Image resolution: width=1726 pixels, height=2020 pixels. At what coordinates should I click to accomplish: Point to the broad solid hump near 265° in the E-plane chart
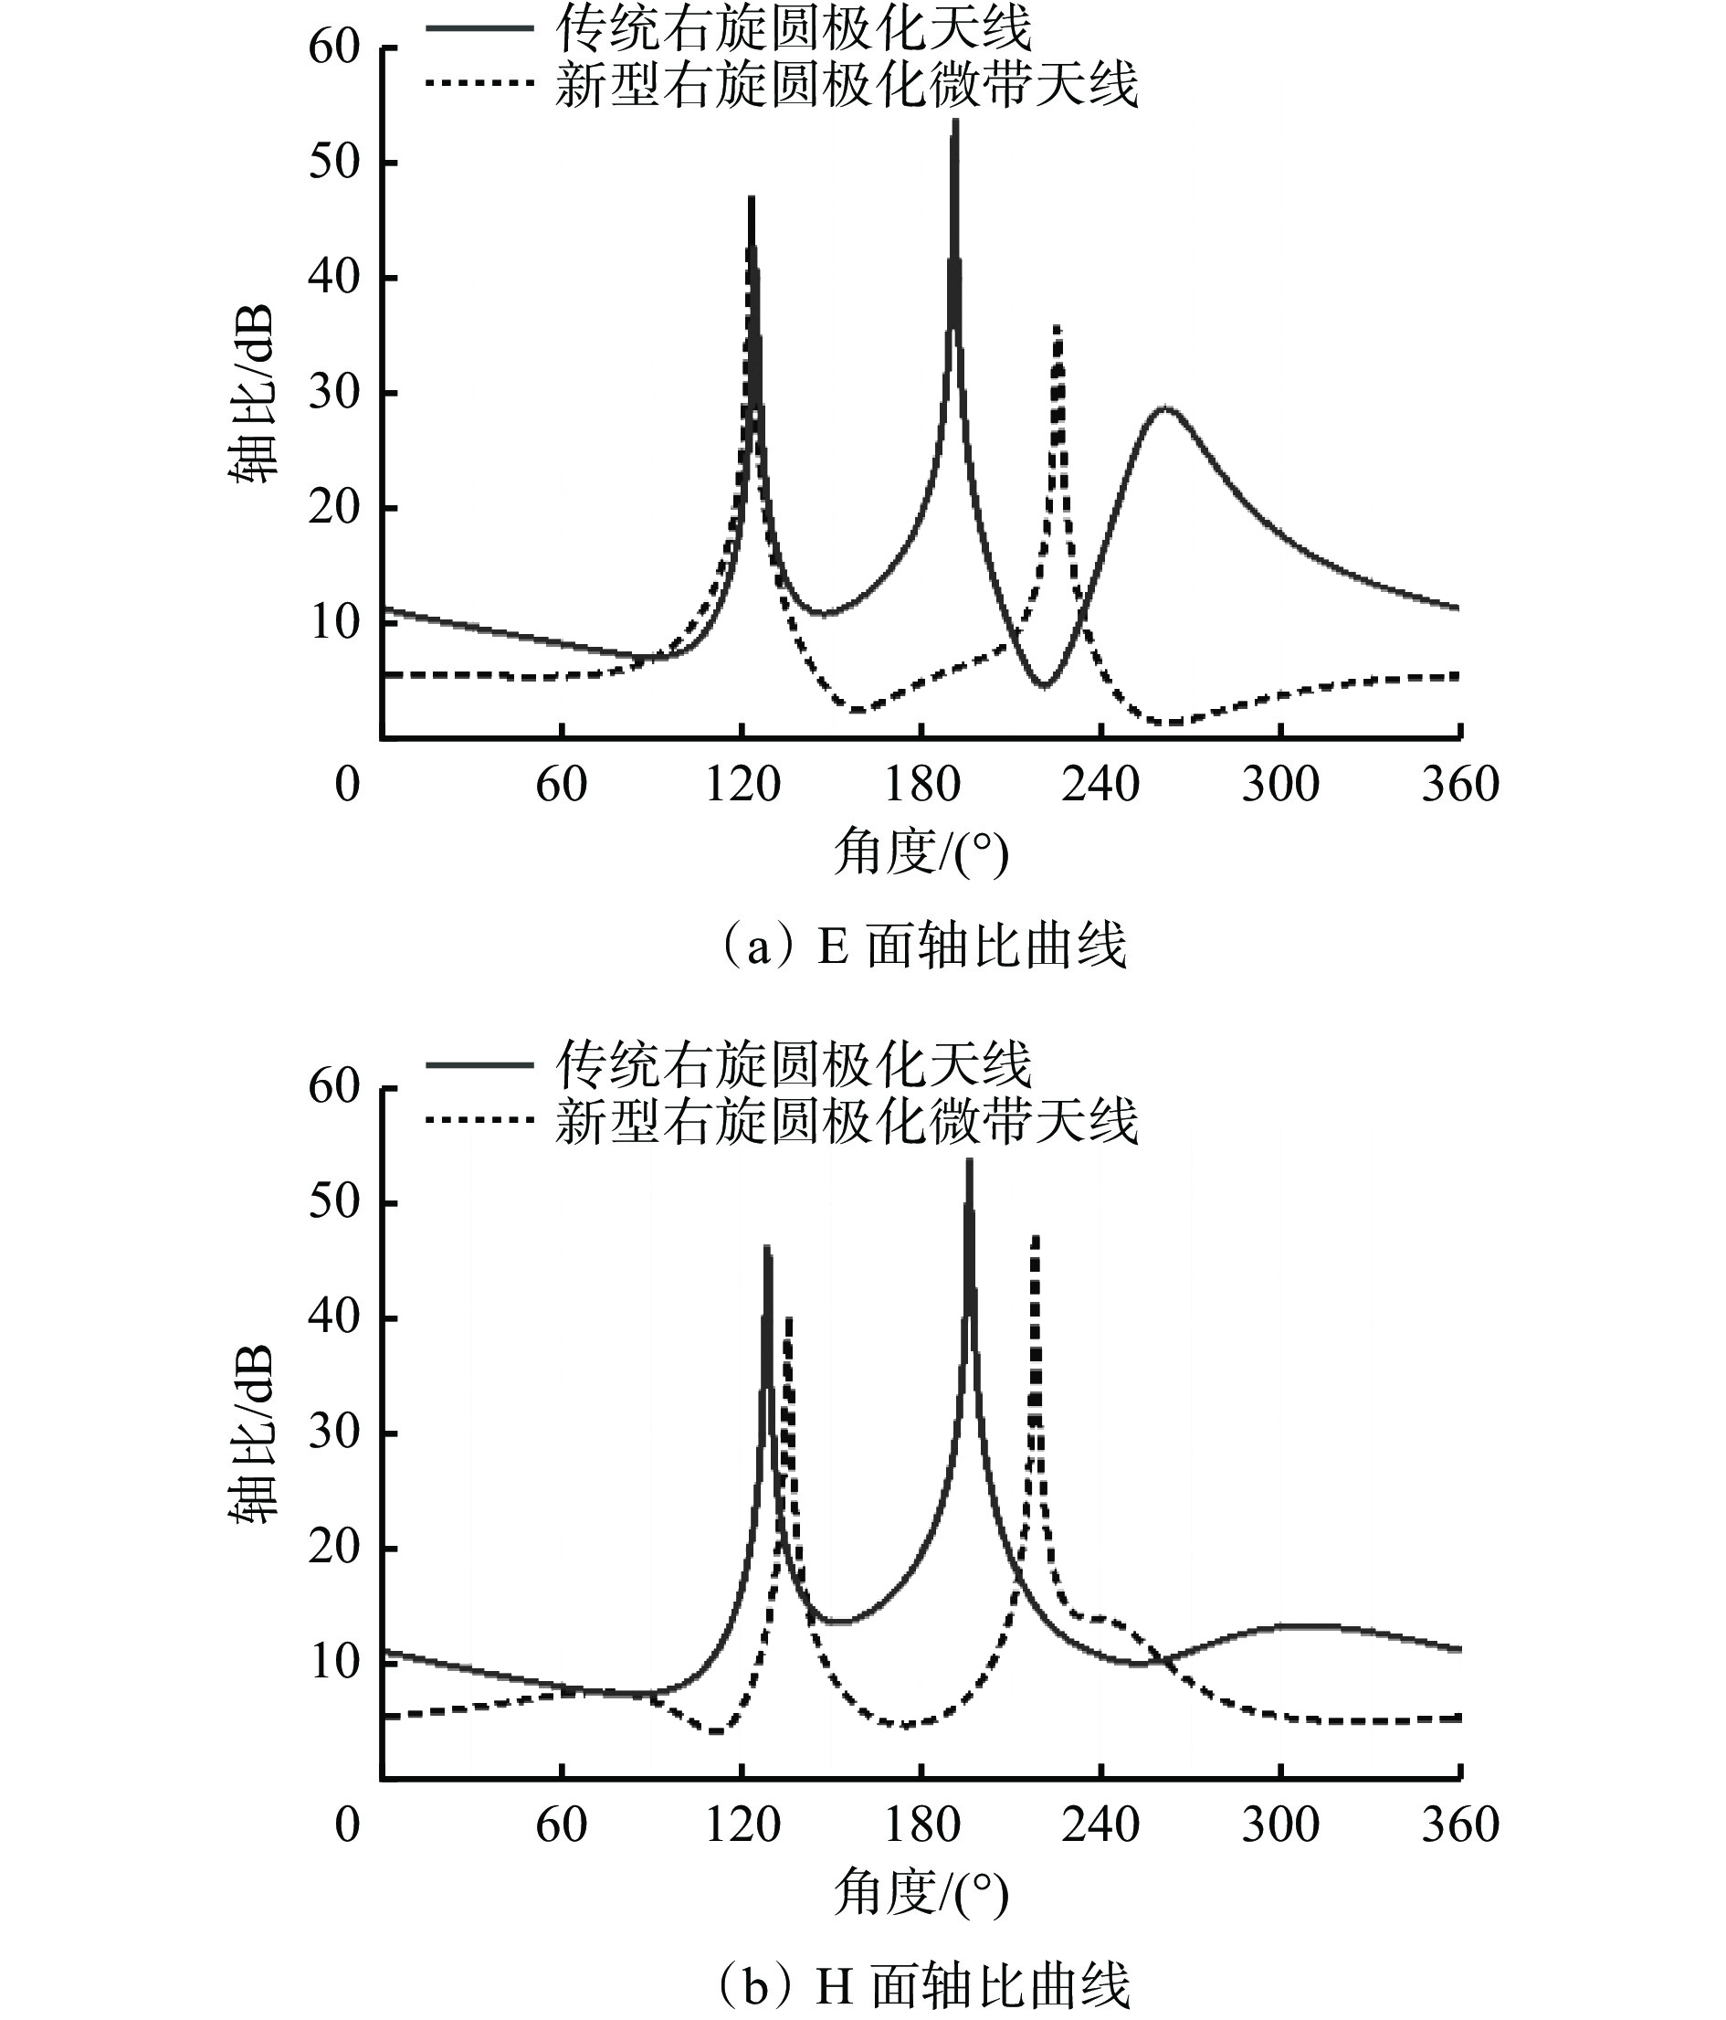[x=1165, y=409]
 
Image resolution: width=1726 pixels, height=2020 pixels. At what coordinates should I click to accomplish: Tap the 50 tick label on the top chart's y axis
[x=333, y=162]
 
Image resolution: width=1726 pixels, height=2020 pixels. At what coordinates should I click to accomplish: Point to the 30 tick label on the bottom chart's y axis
[x=333, y=1433]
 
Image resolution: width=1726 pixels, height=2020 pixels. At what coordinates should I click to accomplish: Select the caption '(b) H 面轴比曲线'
[x=922, y=1985]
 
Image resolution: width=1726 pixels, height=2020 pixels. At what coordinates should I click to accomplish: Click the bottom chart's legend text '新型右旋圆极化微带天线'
[x=846, y=1121]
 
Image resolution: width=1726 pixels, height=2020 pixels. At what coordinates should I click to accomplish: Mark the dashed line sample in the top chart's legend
[x=479, y=84]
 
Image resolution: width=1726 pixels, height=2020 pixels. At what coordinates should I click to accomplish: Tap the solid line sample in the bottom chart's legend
[x=479, y=1064]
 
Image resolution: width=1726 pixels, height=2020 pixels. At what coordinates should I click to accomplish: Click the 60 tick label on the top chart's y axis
[x=333, y=47]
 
